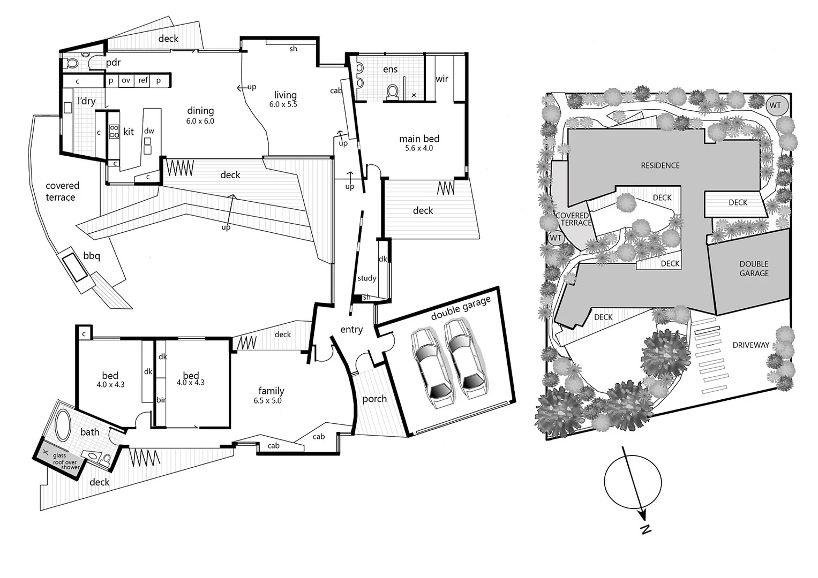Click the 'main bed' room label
pyautogui.click(x=419, y=139)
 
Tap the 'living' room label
pyautogui.click(x=285, y=95)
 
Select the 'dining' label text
pyautogui.click(x=200, y=111)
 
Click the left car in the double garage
pyautogui.click(x=430, y=364)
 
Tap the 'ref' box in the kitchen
pyautogui.click(x=143, y=80)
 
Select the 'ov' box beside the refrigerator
pyautogui.click(x=126, y=80)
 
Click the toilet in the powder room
pyautogui.click(x=72, y=63)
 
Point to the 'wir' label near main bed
pyautogui.click(x=442, y=79)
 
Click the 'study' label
pyautogui.click(x=367, y=278)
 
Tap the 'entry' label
pyautogui.click(x=351, y=330)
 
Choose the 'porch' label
pyautogui.click(x=374, y=399)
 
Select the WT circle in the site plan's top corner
pyautogui.click(x=776, y=105)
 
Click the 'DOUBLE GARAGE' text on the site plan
pyautogui.click(x=754, y=269)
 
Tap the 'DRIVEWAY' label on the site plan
pyautogui.click(x=751, y=345)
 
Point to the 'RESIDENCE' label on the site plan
pyautogui.click(x=660, y=166)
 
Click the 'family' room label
pyautogui.click(x=271, y=391)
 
